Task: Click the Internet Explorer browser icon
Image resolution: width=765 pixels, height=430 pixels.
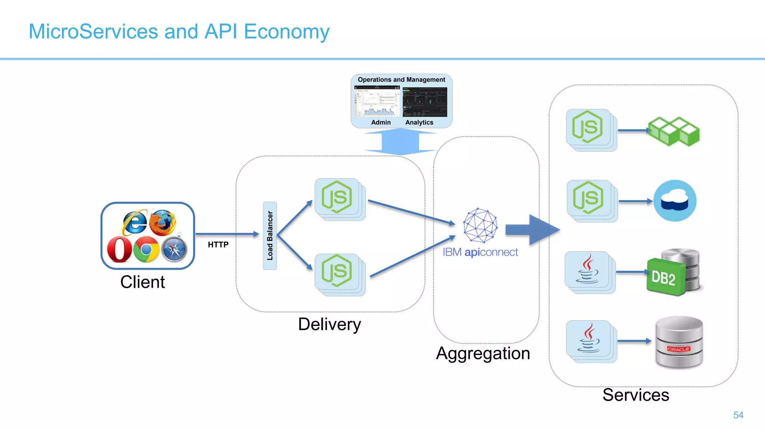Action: tap(134, 222)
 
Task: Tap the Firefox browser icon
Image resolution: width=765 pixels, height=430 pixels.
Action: tap(163, 222)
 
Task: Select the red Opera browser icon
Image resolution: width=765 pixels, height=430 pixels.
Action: tap(119, 249)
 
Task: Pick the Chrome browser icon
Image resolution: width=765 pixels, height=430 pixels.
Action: tap(146, 249)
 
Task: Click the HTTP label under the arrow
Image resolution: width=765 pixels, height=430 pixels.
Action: tap(218, 245)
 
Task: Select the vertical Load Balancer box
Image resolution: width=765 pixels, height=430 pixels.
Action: tap(270, 236)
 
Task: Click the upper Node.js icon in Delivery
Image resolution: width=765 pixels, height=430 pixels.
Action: tap(337, 197)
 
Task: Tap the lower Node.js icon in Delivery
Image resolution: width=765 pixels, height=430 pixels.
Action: tap(337, 271)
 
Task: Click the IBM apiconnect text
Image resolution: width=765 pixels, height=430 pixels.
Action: tap(480, 252)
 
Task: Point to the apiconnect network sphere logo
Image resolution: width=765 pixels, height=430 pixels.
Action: tap(480, 225)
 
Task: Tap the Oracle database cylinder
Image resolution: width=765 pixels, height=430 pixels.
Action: tap(679, 342)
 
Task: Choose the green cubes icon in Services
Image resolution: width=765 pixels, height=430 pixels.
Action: tap(674, 131)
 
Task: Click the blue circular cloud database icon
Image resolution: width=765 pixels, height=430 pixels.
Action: tap(675, 201)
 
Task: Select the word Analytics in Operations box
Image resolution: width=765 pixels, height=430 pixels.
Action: tap(419, 122)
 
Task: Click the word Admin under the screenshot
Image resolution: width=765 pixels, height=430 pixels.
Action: tap(381, 122)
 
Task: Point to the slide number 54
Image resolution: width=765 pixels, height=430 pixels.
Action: tap(738, 415)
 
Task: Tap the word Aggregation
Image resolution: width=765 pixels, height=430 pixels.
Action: tap(483, 353)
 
